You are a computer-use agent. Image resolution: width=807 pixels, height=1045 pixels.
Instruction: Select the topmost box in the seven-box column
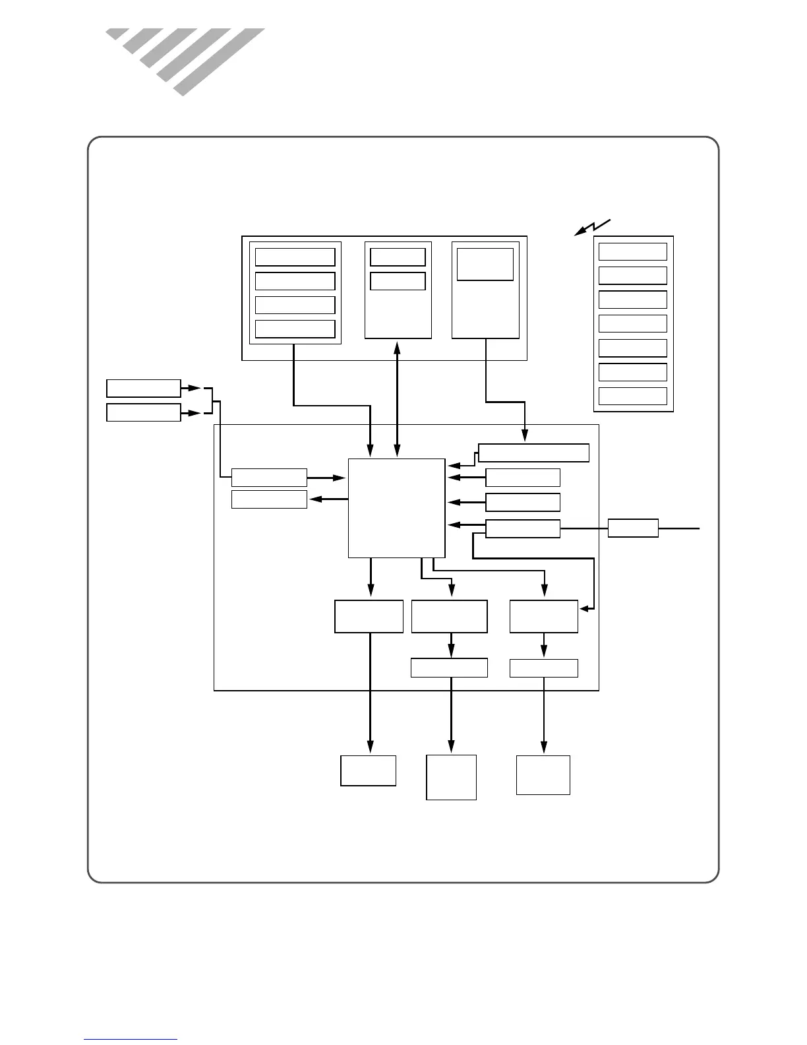[x=632, y=251]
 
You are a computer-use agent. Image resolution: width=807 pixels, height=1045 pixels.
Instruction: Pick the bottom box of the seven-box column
[x=632, y=396]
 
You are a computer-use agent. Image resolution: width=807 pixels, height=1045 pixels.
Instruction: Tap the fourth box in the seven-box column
[x=632, y=323]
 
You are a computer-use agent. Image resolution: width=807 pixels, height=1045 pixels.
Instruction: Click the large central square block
[x=396, y=508]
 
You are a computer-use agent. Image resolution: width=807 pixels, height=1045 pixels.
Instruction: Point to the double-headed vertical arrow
[x=397, y=398]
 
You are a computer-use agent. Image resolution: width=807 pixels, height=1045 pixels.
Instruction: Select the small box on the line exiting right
[x=632, y=528]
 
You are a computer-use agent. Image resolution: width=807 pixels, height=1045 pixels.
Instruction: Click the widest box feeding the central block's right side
[x=533, y=453]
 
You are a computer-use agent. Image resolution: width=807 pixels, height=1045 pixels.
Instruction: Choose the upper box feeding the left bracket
[x=144, y=388]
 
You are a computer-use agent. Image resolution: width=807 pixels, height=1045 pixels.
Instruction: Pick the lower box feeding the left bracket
[x=144, y=412]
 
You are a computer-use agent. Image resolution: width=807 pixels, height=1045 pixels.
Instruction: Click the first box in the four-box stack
[x=295, y=257]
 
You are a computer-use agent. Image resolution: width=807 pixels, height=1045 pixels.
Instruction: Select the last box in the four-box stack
[x=295, y=329]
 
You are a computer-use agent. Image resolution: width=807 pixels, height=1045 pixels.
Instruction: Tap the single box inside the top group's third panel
[x=485, y=264]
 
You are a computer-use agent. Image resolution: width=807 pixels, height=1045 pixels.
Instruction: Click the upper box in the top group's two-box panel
[x=398, y=257]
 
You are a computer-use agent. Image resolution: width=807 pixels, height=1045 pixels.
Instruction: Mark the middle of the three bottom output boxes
[x=451, y=777]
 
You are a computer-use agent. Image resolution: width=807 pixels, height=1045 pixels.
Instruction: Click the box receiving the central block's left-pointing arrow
[x=269, y=499]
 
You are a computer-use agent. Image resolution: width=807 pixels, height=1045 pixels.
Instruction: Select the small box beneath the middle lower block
[x=449, y=668]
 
